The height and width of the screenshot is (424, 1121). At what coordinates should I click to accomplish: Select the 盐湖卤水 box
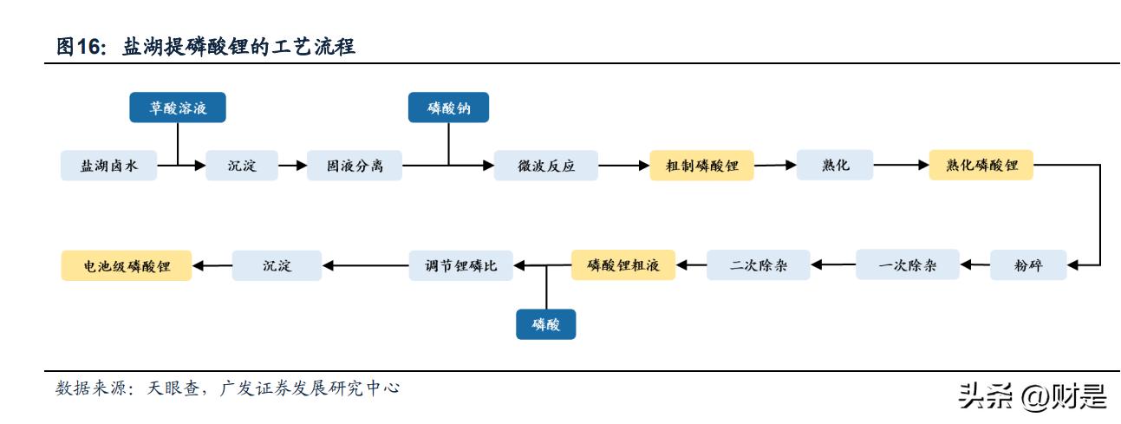(x=109, y=166)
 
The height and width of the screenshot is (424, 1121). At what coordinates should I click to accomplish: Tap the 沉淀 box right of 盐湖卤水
(x=242, y=166)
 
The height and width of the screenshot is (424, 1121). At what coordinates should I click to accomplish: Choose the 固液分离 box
(x=355, y=166)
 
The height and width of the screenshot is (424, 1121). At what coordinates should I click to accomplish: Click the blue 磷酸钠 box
(x=448, y=108)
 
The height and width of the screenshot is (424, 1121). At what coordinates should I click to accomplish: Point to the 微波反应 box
(x=546, y=166)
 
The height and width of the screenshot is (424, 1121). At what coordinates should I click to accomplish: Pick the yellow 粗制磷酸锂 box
(x=701, y=166)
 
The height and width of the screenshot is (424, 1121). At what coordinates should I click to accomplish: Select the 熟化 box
(x=835, y=166)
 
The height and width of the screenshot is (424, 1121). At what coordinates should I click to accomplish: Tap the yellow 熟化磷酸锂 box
(x=981, y=166)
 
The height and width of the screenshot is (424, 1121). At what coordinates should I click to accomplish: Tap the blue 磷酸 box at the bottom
(x=546, y=324)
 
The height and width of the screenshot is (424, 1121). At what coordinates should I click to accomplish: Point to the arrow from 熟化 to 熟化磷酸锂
(x=901, y=165)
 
